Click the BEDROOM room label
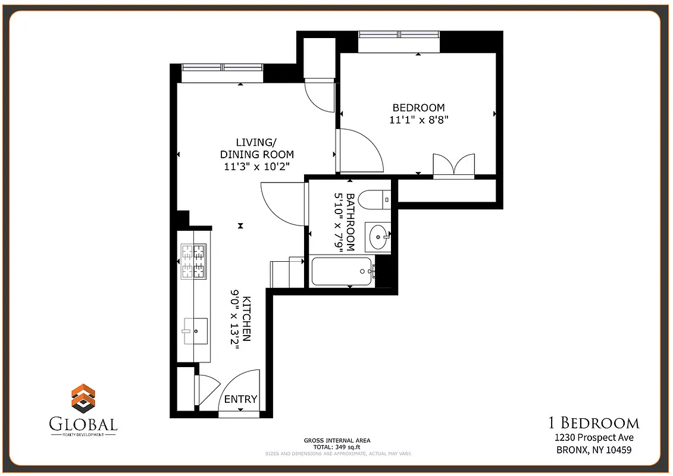[x=418, y=108]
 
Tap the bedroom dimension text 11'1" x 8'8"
[x=418, y=120]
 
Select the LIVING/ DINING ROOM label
[x=256, y=148]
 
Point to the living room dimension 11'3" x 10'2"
[x=256, y=167]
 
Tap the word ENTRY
[x=240, y=399]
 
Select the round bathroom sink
[x=378, y=237]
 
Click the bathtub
[x=343, y=272]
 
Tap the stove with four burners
[x=193, y=262]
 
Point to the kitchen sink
[x=195, y=330]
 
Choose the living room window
[x=221, y=67]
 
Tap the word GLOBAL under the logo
[x=83, y=424]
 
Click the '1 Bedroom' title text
[x=593, y=423]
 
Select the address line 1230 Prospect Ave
[x=593, y=437]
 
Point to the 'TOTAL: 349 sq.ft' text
[x=337, y=446]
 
